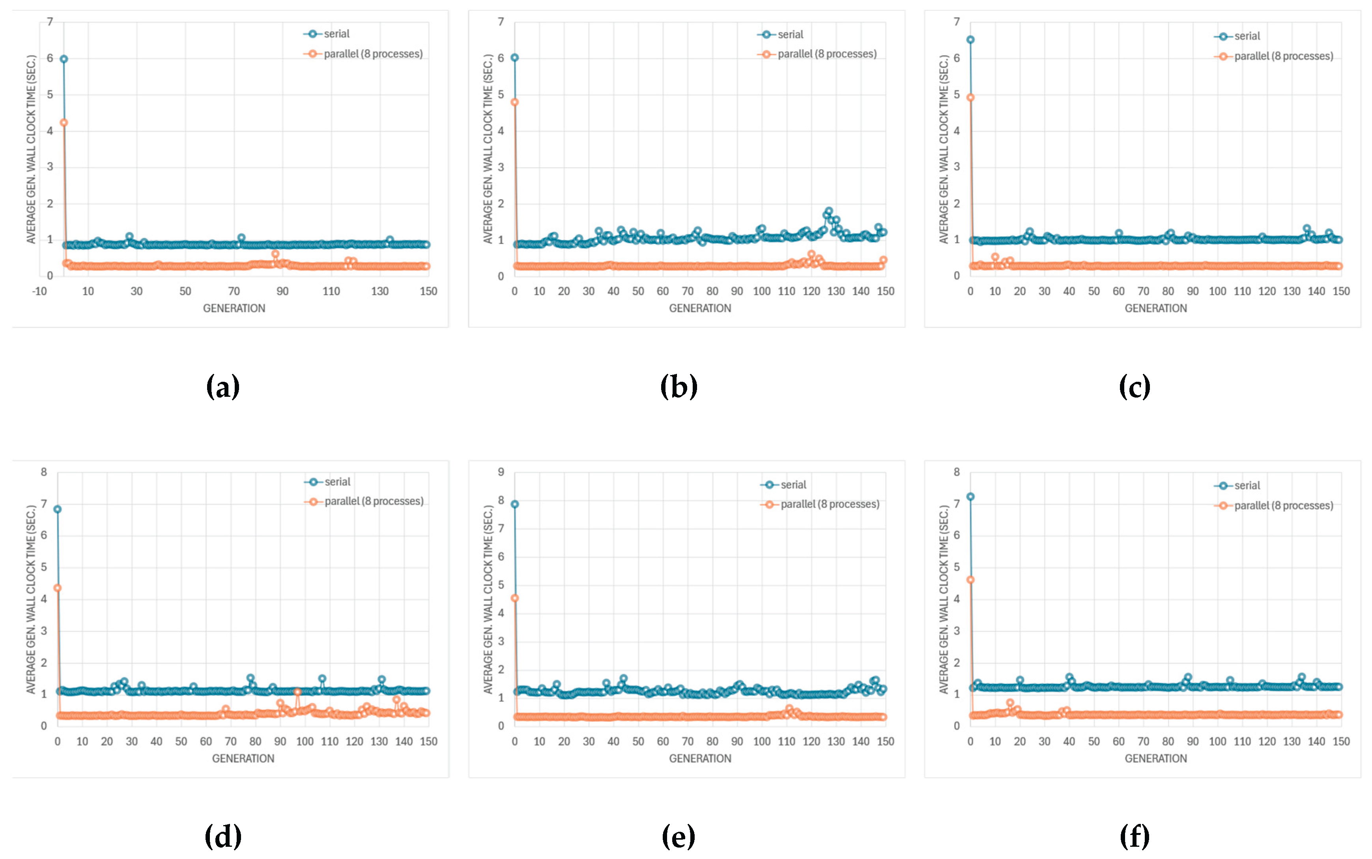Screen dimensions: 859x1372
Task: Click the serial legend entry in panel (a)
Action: click(336, 34)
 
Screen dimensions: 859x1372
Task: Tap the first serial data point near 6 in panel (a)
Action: click(64, 59)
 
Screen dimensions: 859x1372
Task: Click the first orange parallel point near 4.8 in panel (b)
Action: click(515, 102)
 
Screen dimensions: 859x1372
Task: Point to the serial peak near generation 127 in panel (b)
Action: click(829, 211)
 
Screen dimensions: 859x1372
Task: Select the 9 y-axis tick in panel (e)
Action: click(501, 472)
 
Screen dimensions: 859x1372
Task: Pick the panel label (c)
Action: click(1135, 387)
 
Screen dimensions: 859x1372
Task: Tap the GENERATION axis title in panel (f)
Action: click(1155, 758)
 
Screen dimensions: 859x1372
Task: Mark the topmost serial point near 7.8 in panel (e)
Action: click(515, 504)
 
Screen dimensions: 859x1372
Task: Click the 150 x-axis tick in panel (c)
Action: click(1341, 291)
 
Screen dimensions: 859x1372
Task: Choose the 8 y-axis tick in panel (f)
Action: click(957, 472)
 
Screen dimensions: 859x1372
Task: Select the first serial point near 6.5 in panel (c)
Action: click(971, 40)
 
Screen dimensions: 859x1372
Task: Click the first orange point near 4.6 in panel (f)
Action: click(971, 580)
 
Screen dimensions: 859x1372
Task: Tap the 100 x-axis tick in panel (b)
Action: click(761, 291)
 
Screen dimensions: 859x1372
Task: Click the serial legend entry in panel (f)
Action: click(1247, 486)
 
